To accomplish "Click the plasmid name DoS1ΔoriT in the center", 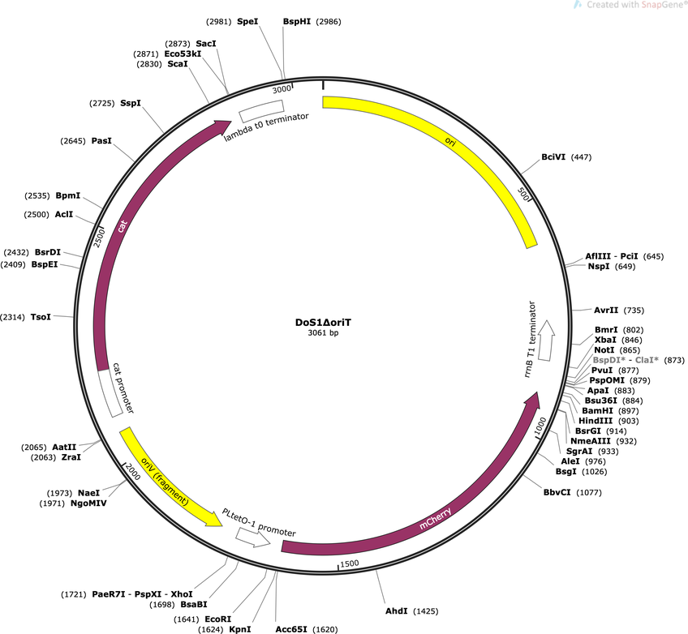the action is (323, 322).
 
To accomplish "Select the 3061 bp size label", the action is (323, 332).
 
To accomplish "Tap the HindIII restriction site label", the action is (596, 421).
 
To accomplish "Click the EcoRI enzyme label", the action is (217, 619).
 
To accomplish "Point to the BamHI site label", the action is (597, 411).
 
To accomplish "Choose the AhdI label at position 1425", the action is (396, 610).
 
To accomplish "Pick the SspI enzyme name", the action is (131, 103).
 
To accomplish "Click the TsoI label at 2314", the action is (41, 316).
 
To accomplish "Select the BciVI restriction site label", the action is (553, 157).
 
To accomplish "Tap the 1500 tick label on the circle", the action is (350, 563).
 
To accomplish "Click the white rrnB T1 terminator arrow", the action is (546, 341).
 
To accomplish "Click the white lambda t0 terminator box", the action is (261, 111).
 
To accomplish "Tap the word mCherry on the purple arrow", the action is (435, 518).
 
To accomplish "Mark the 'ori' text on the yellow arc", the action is (450, 141).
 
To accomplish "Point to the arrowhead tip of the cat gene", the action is (231, 122).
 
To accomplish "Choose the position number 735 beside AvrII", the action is (634, 311).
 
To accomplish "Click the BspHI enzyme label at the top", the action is (297, 21).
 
